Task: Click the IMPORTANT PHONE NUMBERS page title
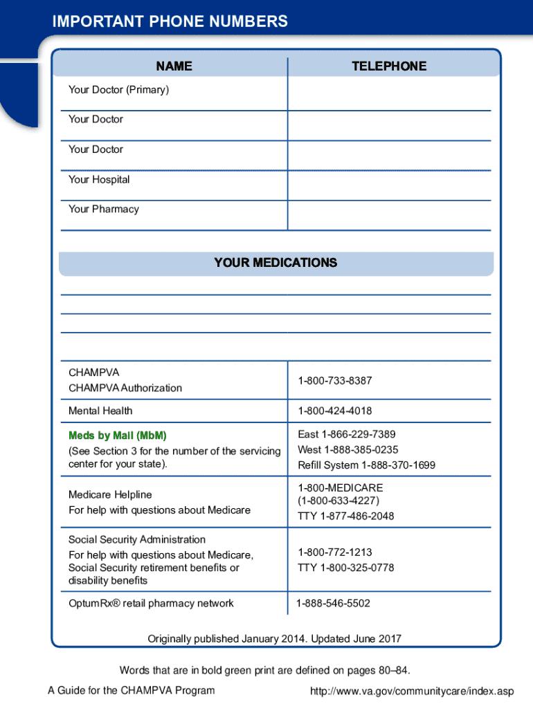pos(170,22)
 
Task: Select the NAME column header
pos(174,66)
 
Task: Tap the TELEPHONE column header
pos(389,66)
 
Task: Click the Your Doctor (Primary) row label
pos(118,89)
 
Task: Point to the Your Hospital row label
pos(99,179)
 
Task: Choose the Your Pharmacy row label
pos(103,209)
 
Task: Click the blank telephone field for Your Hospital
pos(389,185)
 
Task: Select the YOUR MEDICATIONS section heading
pos(275,263)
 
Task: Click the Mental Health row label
pos(100,411)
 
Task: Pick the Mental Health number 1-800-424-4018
pos(335,411)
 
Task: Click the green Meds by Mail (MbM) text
pos(118,436)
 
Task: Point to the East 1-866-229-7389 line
pos(346,434)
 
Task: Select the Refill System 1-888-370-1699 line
pos(366,465)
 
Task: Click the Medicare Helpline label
pos(110,494)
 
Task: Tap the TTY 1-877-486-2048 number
pos(345,516)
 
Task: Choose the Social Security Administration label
pos(137,539)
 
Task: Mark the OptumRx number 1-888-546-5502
pos(333,603)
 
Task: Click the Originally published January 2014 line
pos(274,639)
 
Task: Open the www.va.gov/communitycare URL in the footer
pos(413,691)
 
